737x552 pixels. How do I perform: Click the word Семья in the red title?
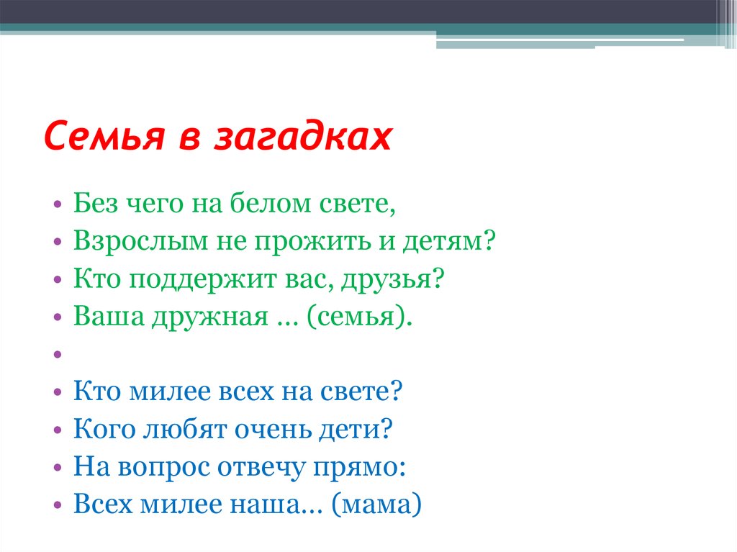(x=104, y=136)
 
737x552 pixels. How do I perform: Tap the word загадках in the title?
(x=303, y=137)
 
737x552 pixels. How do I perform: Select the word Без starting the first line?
(x=96, y=203)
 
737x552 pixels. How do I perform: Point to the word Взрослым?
(x=140, y=242)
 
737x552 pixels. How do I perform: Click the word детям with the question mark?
(x=449, y=242)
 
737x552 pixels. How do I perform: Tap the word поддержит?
(x=202, y=279)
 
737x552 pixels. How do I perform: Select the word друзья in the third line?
(x=392, y=279)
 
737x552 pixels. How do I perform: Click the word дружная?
(x=210, y=317)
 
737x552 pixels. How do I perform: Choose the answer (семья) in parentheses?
(x=360, y=317)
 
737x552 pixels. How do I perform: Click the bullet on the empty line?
(x=58, y=354)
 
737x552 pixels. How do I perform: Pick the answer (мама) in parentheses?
(x=376, y=505)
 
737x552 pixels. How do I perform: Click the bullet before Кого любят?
(x=58, y=429)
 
